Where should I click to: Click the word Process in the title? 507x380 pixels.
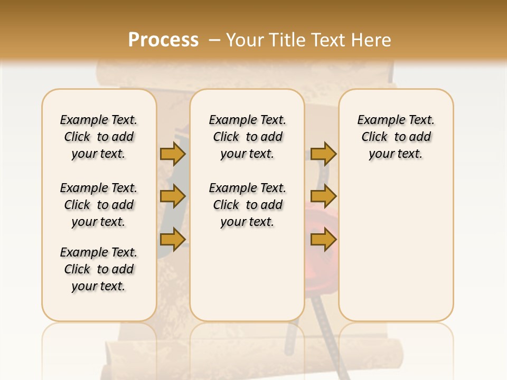pyautogui.click(x=163, y=40)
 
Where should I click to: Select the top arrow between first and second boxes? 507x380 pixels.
pyautogui.click(x=173, y=154)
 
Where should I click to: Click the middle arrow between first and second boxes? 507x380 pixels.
pyautogui.click(x=173, y=196)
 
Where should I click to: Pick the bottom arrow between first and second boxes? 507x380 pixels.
pyautogui.click(x=173, y=240)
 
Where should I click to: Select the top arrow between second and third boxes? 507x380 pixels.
pyautogui.click(x=323, y=154)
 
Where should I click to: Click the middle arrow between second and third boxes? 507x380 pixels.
pyautogui.click(x=323, y=196)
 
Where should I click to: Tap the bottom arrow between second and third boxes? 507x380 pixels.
pyautogui.click(x=323, y=240)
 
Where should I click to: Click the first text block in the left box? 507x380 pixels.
pyautogui.click(x=99, y=137)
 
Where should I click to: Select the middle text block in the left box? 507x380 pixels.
pyautogui.click(x=99, y=205)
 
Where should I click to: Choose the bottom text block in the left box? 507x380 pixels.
pyautogui.click(x=99, y=269)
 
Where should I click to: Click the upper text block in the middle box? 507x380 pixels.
pyautogui.click(x=247, y=137)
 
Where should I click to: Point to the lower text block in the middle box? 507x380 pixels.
pyautogui.click(x=247, y=205)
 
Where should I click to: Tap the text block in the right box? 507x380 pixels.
pyautogui.click(x=396, y=137)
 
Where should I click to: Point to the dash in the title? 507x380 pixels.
pyautogui.click(x=214, y=40)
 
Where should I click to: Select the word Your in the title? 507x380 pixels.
pyautogui.click(x=243, y=40)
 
